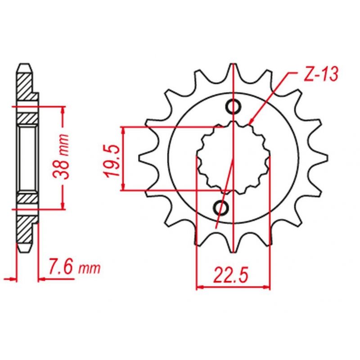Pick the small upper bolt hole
pos(234,107)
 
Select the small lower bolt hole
pos(221,207)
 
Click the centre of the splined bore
pos(233,158)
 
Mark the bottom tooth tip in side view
pos(25,249)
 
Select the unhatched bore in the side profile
pos(27,158)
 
